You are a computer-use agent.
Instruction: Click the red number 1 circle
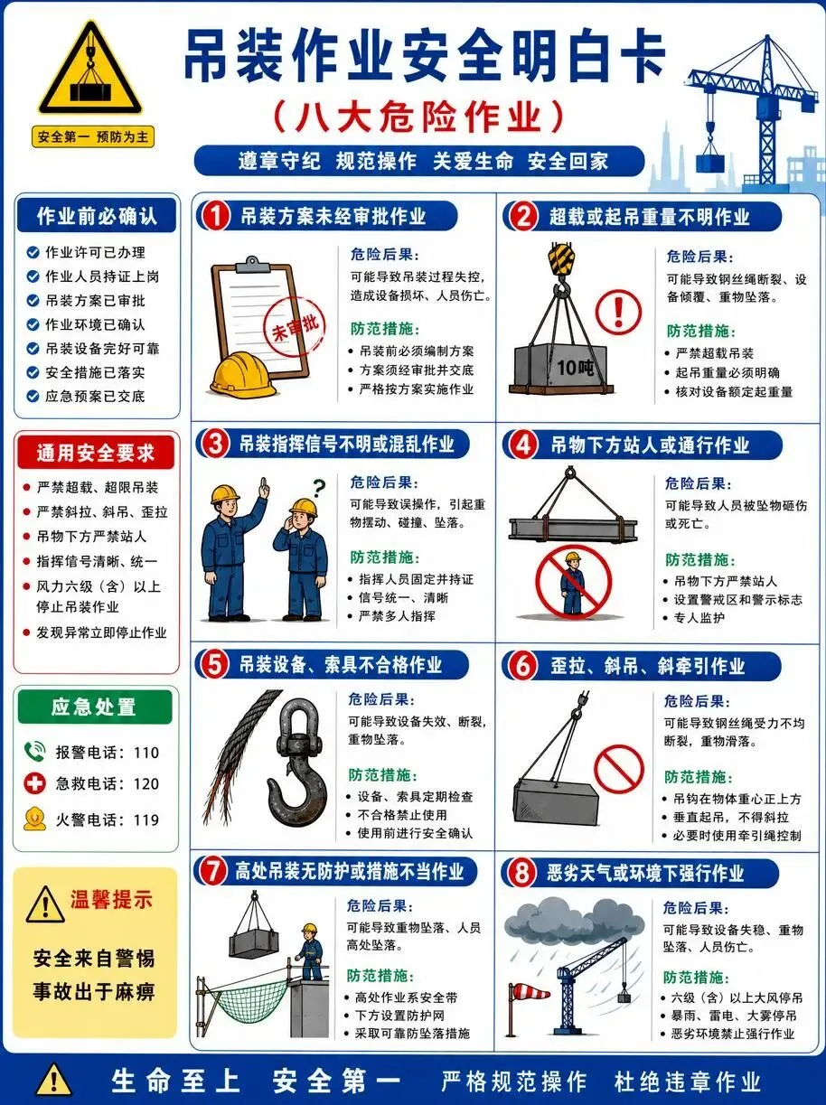click(215, 216)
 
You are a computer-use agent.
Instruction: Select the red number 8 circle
click(521, 873)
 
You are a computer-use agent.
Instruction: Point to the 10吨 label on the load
click(576, 368)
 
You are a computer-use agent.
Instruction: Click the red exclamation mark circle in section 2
click(619, 312)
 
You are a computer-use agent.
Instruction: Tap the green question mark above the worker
click(319, 488)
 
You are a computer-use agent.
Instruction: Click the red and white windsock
click(530, 992)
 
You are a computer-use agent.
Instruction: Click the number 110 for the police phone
click(146, 753)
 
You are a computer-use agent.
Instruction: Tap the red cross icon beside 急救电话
click(34, 783)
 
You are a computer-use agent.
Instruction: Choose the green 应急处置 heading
click(95, 707)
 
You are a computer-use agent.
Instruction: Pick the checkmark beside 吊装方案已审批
click(33, 301)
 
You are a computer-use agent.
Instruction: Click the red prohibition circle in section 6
click(619, 769)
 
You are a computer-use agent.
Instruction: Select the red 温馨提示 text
click(111, 900)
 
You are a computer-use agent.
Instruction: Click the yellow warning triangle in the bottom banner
click(54, 1079)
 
